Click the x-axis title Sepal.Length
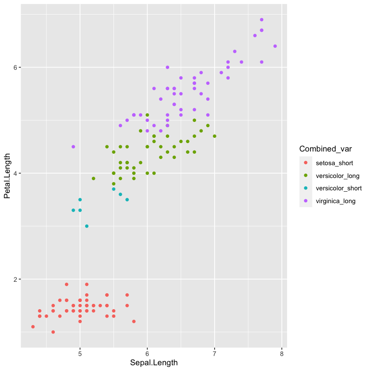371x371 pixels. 154,363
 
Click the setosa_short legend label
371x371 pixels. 334,163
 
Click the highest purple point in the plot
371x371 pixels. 261,19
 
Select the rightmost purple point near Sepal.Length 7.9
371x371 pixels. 275,46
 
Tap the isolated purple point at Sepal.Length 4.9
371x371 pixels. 73,147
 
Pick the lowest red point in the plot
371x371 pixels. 53,332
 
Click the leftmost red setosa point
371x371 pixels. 33,327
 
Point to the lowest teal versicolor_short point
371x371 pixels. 87,226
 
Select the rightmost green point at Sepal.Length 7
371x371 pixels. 215,136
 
